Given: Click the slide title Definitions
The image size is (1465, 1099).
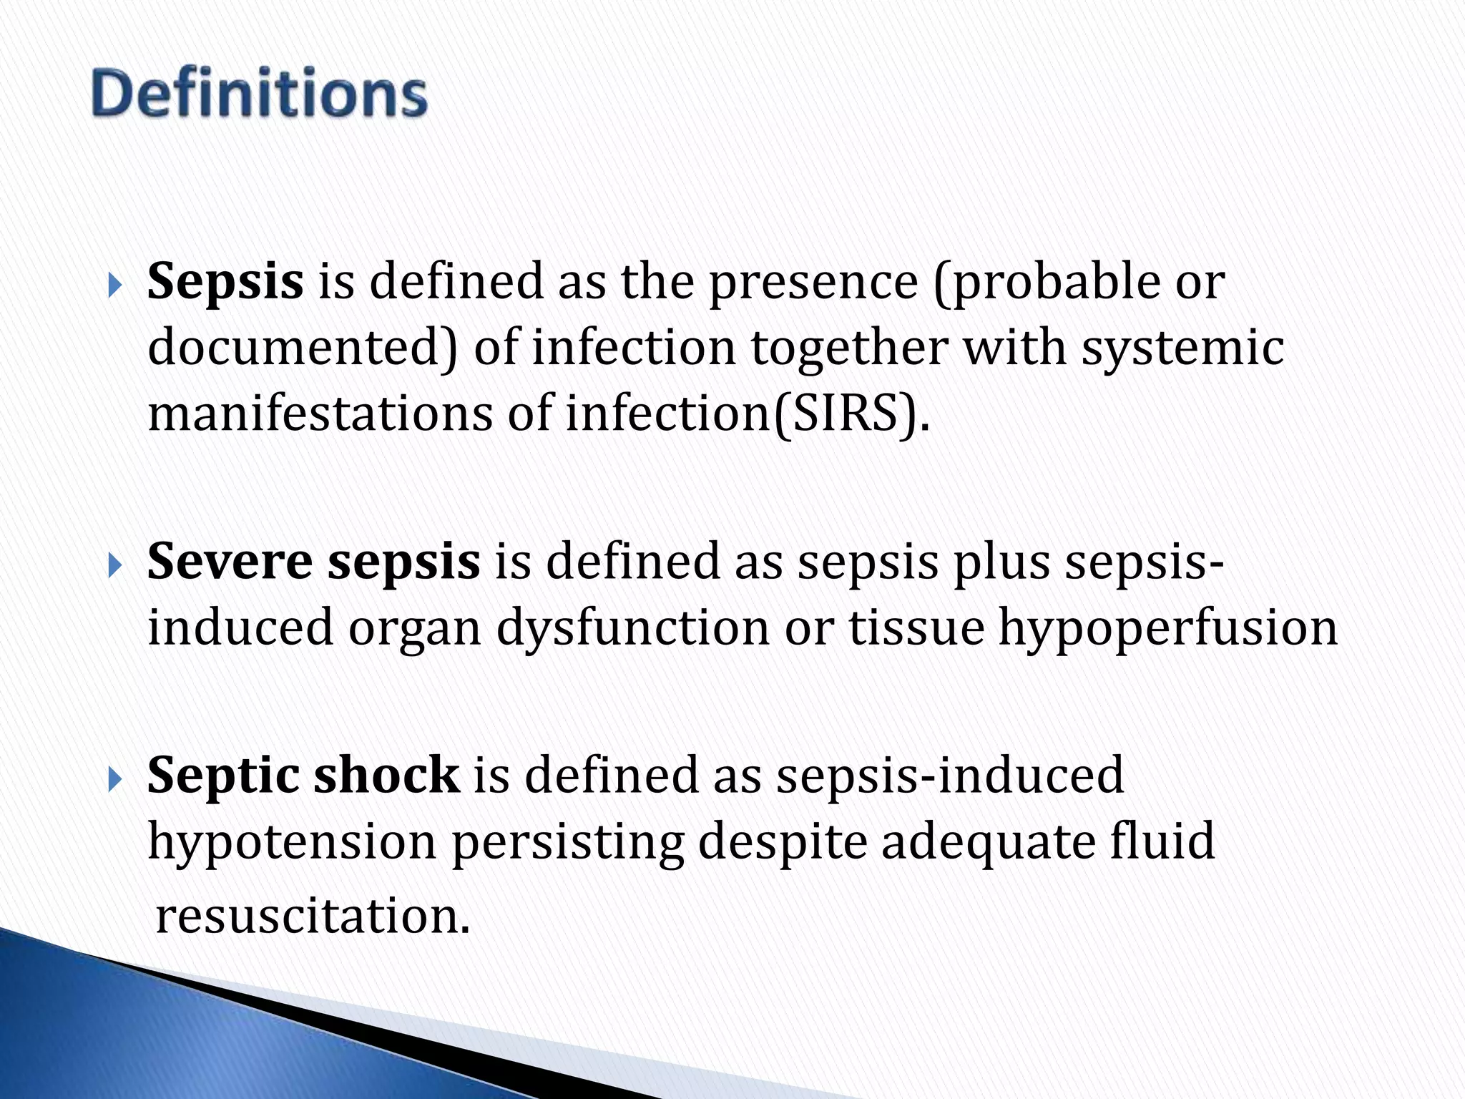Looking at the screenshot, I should pyautogui.click(x=259, y=93).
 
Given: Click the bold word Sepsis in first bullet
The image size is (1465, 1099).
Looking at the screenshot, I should pyautogui.click(x=225, y=281).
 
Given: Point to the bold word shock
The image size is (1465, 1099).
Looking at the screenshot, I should pyautogui.click(x=386, y=775).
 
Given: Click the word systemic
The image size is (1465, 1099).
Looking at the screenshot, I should pyautogui.click(x=1182, y=348).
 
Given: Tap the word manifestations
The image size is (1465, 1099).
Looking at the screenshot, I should pyautogui.click(x=320, y=414).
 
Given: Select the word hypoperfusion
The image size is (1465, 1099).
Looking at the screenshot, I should pyautogui.click(x=1167, y=628).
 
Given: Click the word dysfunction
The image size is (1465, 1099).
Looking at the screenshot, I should pyautogui.click(x=632, y=628).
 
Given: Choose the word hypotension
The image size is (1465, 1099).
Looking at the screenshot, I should pyautogui.click(x=292, y=842).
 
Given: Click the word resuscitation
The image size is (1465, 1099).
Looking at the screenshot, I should pyautogui.click(x=313, y=916).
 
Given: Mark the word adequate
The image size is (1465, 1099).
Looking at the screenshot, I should pyautogui.click(x=988, y=842).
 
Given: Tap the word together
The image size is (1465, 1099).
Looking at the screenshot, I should pyautogui.click(x=849, y=348).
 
